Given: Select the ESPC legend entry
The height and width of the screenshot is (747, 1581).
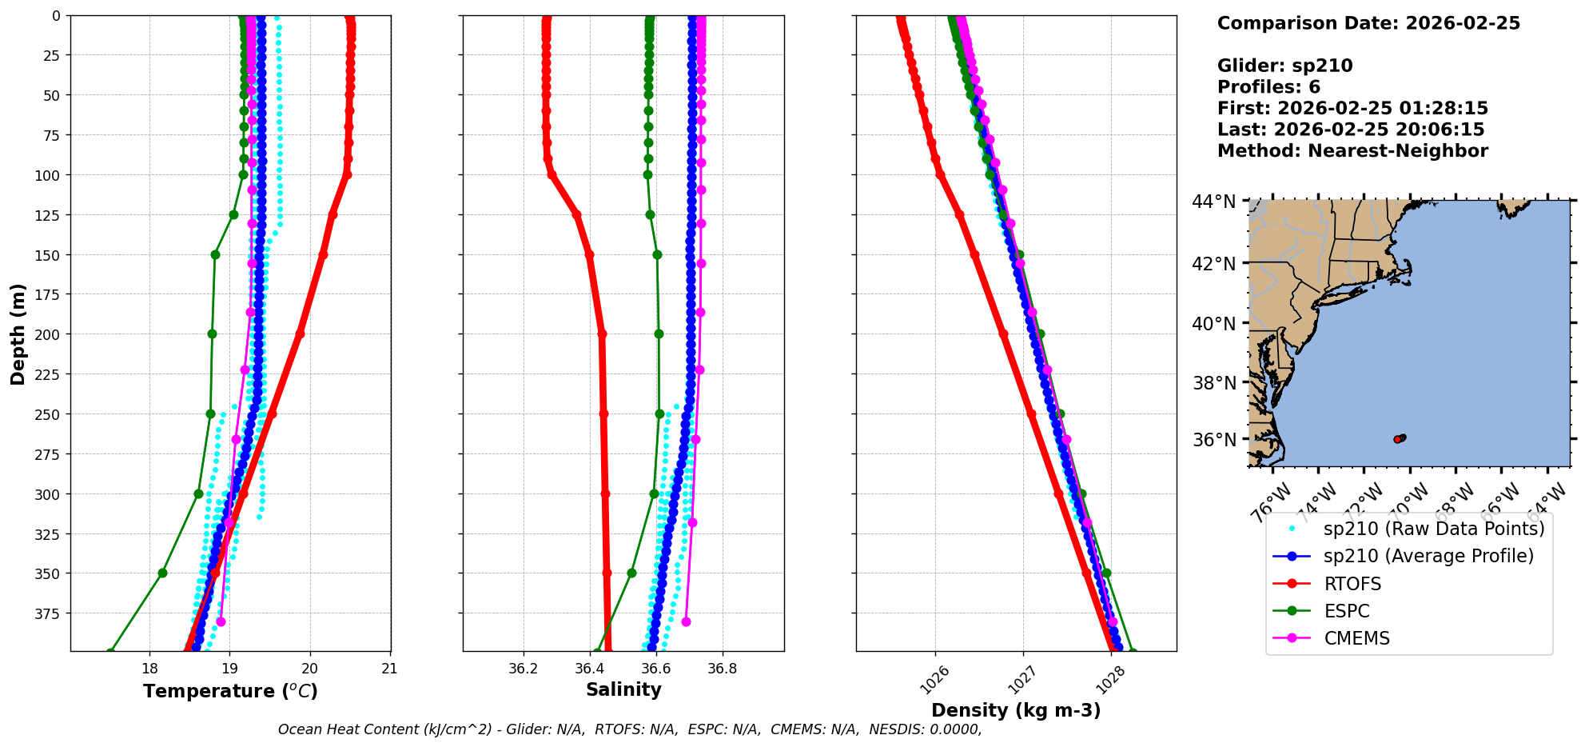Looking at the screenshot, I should click(1346, 611).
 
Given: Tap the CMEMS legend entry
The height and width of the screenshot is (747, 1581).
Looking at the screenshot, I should click(1356, 638).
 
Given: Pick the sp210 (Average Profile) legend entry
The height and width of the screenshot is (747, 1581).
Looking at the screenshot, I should click(1428, 556).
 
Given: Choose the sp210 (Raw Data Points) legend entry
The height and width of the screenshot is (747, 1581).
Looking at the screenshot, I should click(1434, 529).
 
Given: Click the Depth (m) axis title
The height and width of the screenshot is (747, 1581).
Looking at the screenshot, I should click(18, 334).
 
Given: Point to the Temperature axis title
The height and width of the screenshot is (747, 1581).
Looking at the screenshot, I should click(230, 691).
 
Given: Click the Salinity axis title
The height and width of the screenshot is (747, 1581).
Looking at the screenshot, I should click(623, 689).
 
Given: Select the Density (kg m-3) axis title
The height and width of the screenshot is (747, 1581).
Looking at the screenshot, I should click(1016, 710).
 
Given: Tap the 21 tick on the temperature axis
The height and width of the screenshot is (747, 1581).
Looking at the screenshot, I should click(389, 669).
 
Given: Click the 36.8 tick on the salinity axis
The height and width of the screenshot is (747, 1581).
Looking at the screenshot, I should click(722, 669).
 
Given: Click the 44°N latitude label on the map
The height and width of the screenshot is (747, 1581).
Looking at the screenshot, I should click(1213, 202).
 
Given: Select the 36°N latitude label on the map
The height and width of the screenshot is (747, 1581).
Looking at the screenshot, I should click(1213, 440).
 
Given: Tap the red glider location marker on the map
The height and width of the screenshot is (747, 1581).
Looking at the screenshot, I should click(1397, 439).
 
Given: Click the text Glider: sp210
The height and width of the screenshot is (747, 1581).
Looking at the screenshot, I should click(1284, 66).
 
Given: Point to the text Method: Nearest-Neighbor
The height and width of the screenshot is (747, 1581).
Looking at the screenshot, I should click(1352, 150).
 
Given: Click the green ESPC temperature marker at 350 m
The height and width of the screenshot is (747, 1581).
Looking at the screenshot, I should click(162, 573).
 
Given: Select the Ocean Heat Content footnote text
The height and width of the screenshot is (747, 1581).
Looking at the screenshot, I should click(630, 729).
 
